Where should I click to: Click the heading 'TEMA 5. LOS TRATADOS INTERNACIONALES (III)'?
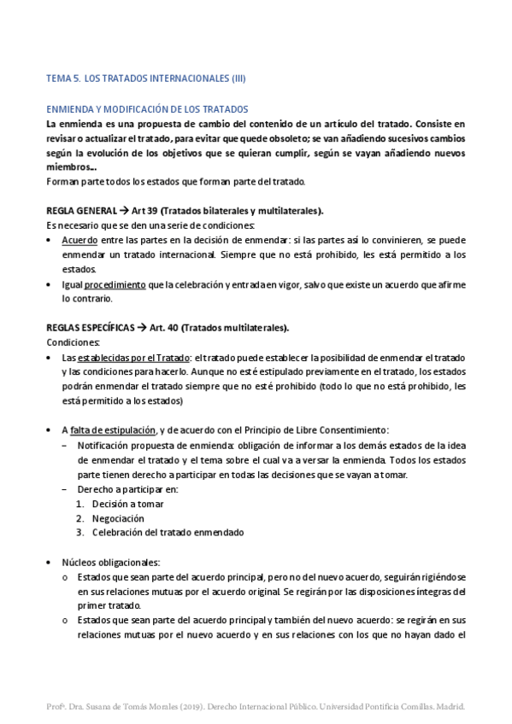(x=145, y=79)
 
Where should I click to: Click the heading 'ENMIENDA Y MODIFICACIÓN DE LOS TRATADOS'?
(x=146, y=109)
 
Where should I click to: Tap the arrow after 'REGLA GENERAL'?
(x=124, y=211)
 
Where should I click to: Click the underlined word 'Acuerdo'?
(x=79, y=241)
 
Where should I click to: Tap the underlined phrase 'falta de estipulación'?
(x=113, y=429)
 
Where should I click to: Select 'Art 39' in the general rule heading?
(x=144, y=211)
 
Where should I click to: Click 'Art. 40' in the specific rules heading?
(x=165, y=328)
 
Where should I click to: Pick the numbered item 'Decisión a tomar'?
(x=128, y=504)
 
